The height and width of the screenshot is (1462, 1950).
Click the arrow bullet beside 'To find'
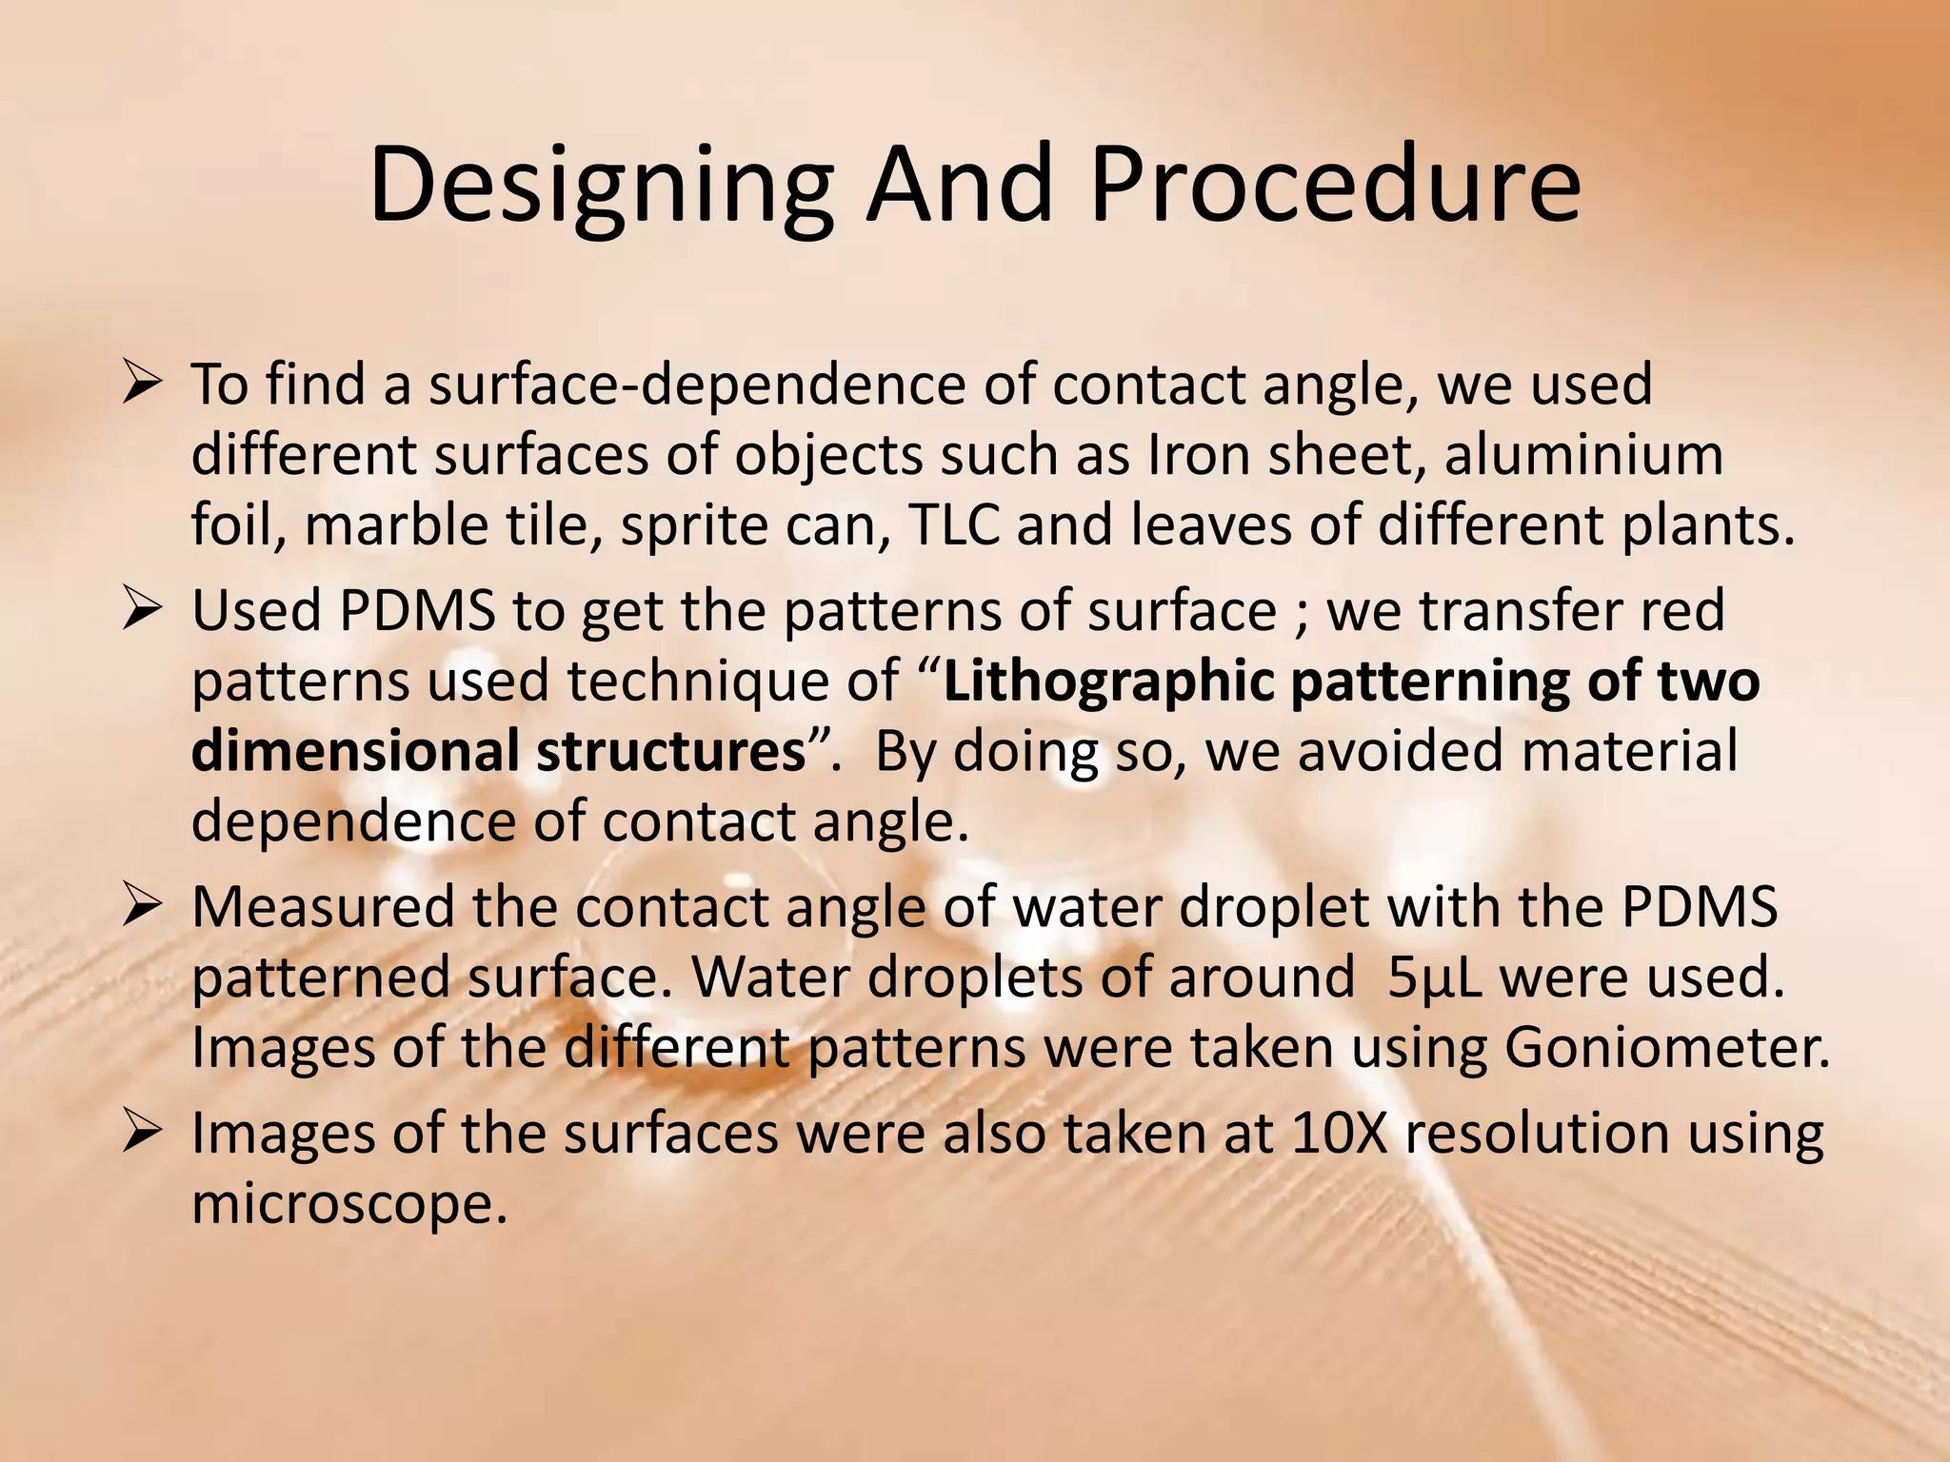point(140,385)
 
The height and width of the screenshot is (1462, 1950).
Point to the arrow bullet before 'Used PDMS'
point(140,612)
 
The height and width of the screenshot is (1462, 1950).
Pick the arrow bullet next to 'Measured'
point(140,908)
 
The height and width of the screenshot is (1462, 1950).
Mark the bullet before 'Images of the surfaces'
point(140,1135)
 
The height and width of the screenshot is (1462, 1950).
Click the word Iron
point(1196,455)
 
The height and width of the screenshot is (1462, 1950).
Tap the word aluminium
point(1583,455)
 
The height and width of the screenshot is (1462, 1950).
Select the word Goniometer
point(1666,1048)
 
